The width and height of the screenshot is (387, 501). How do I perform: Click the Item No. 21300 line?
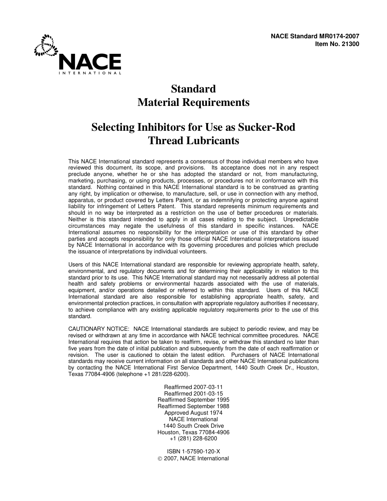pos(337,44)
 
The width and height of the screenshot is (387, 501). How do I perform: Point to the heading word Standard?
pos(193,89)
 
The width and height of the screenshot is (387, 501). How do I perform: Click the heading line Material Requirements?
pos(193,102)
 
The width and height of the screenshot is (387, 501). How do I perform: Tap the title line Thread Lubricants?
pos(193,141)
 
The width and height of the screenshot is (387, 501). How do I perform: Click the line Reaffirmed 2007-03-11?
pos(193,387)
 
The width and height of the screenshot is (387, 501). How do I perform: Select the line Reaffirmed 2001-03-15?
pos(193,393)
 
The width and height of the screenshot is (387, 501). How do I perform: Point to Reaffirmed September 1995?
pos(193,400)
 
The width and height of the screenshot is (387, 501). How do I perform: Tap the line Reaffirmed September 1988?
pos(193,406)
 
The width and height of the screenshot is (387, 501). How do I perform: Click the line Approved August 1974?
pos(193,413)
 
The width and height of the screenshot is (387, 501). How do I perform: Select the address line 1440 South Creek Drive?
pos(193,426)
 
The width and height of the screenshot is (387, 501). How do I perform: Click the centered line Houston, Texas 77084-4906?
pos(193,432)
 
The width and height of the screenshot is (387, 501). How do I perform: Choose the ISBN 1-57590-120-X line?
pos(193,451)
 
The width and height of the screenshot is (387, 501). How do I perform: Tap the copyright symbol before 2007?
pos(160,458)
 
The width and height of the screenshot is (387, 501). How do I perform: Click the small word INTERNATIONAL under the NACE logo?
pos(90,73)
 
